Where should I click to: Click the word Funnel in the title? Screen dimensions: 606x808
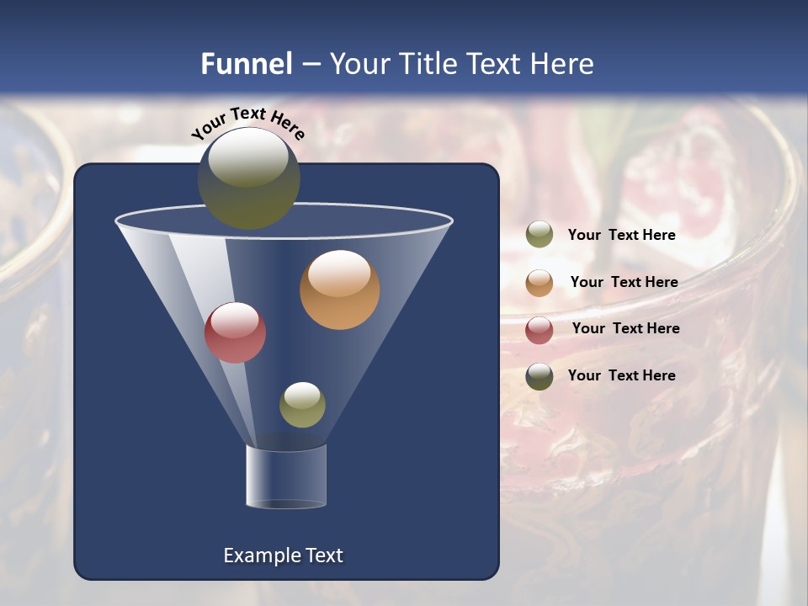247,64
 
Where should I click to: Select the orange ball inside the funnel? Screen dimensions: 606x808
339,290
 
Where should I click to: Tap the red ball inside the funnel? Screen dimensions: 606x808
235,332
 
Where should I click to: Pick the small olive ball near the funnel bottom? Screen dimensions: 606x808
302,404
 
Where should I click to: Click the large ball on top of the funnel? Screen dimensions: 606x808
248,178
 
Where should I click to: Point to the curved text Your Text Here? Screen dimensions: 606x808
247,123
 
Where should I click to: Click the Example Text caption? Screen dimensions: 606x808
283,555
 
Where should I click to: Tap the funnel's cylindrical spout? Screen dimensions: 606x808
285,476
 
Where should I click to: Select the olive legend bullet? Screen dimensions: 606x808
540,235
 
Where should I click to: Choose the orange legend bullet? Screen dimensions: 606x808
540,283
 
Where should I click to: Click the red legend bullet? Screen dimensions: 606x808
540,330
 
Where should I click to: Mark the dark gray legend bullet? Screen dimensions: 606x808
540,376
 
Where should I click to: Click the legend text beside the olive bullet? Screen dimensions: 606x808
621,235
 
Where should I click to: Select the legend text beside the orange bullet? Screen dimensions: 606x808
624,282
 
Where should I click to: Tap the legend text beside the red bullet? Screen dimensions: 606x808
625,328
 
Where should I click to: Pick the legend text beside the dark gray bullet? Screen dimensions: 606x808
621,375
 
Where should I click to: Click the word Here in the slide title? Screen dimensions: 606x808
563,64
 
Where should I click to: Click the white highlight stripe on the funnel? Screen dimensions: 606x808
199,286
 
